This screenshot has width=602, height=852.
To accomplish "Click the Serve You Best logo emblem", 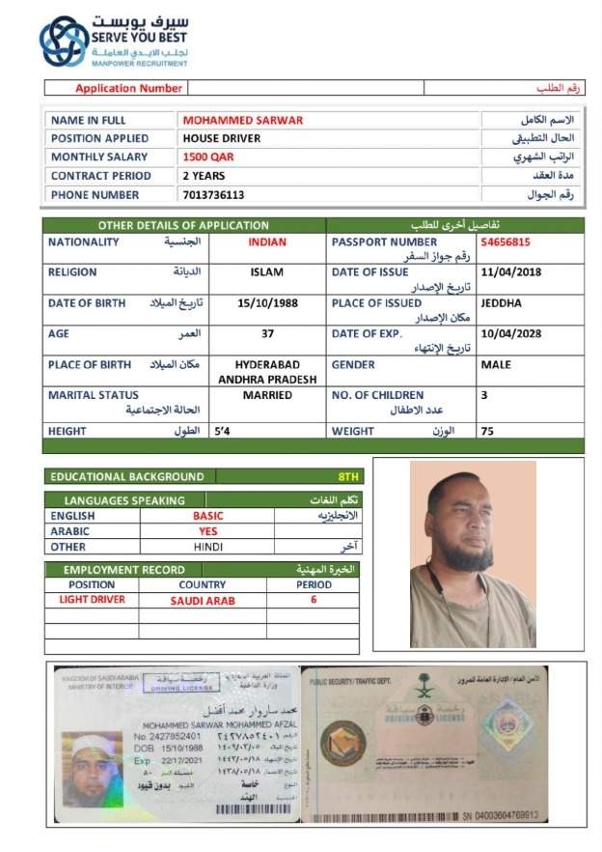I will (63, 42).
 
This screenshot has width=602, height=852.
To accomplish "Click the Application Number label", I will (128, 88).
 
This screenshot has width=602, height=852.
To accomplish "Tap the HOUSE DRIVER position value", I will (222, 138).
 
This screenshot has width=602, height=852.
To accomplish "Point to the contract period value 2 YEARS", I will (204, 176).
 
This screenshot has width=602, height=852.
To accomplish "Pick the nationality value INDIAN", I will (267, 242).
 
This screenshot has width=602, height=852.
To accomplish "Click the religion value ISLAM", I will (267, 272).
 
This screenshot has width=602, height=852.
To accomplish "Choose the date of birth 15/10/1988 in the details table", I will (267, 303).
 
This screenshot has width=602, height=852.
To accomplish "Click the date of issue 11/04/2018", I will (511, 272).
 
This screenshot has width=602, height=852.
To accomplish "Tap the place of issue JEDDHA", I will (502, 303).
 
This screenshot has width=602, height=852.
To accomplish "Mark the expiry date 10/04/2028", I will (511, 334).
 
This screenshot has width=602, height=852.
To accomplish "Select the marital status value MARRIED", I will (267, 395).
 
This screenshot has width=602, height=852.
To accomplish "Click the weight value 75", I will (488, 432).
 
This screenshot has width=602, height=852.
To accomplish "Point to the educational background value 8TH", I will (348, 476).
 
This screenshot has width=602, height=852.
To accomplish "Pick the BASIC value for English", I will (207, 516).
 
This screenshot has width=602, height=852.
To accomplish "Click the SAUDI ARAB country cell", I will (203, 600).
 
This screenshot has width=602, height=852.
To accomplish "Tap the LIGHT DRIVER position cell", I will (92, 600).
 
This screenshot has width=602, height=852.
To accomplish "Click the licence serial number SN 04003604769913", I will (492, 815).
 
